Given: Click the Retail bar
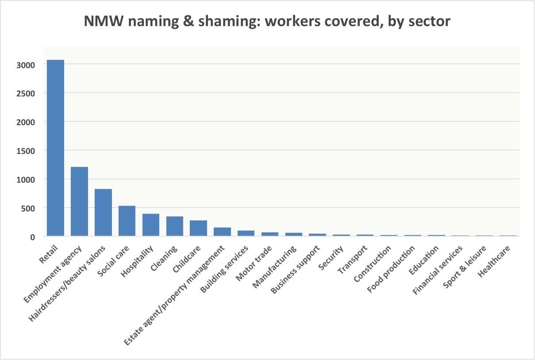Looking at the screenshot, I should (x=56, y=148).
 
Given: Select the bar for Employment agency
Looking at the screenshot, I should (x=80, y=201).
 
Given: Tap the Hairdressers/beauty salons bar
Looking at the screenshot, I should (x=104, y=212).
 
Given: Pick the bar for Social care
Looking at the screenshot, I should (x=127, y=221).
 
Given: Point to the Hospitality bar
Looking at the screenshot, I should (x=151, y=225).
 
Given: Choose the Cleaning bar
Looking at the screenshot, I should (x=175, y=226).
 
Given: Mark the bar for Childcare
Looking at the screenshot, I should (x=199, y=228).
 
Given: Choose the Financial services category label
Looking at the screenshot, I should (x=438, y=271).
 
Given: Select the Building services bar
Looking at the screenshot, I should (x=246, y=233).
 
